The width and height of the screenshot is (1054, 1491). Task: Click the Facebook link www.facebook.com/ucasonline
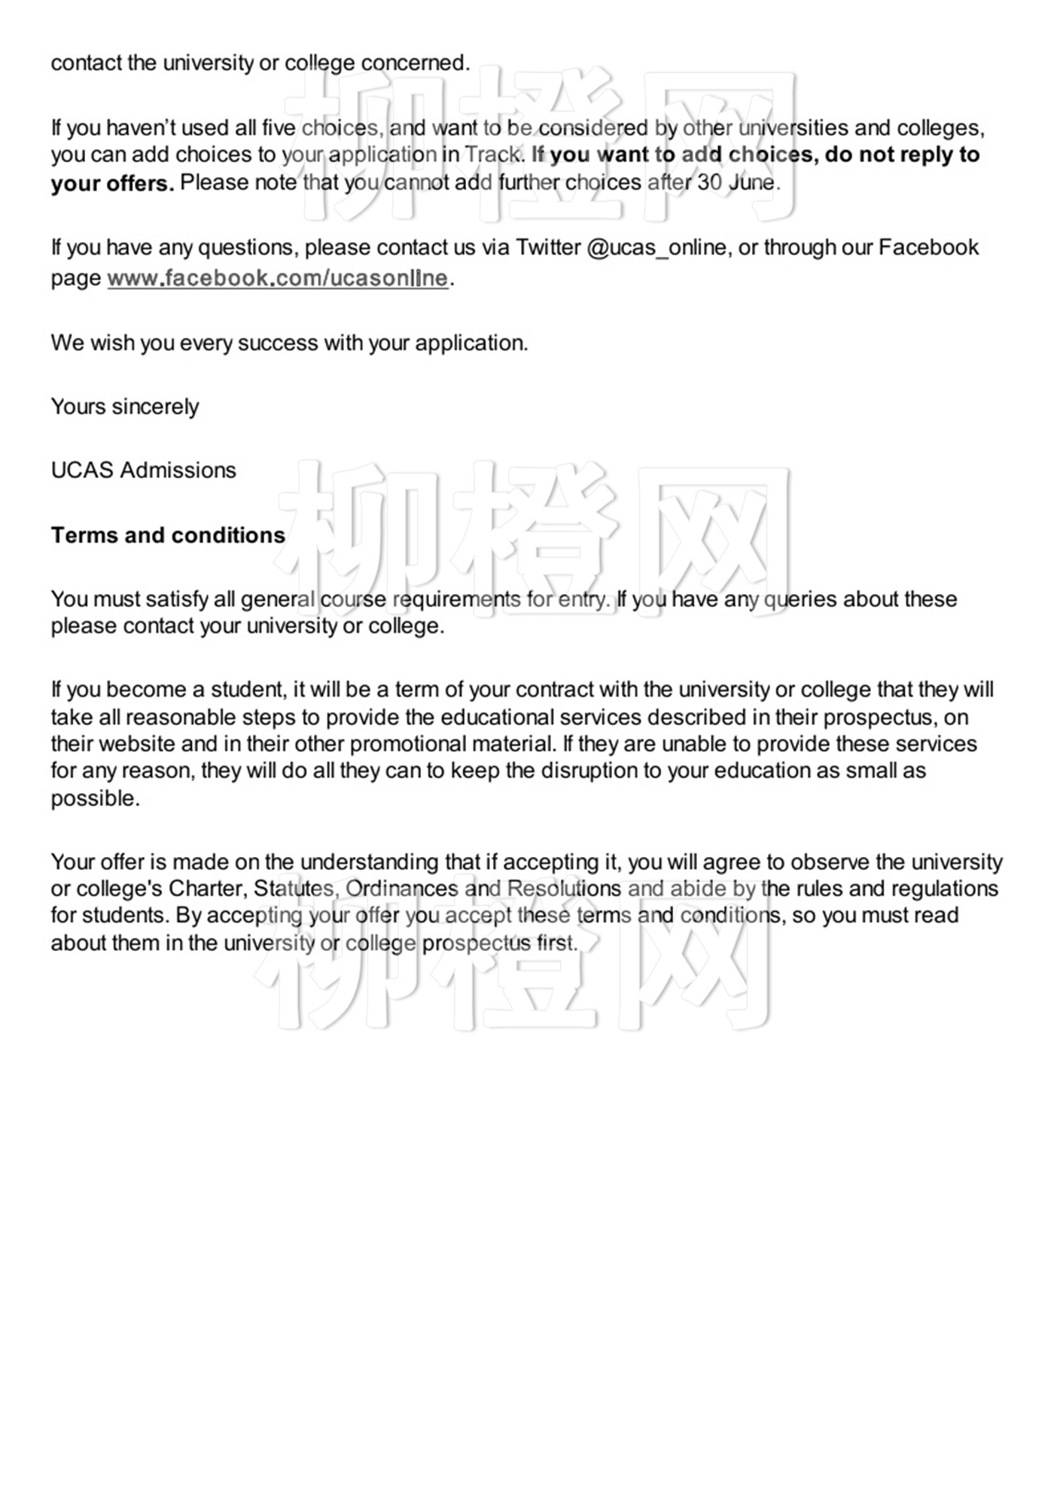(277, 278)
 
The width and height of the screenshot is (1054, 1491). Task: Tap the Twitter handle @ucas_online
(656, 248)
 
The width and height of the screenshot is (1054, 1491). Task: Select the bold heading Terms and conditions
(168, 535)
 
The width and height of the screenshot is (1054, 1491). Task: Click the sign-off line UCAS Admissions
(143, 470)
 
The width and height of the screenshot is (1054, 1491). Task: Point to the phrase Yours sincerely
(125, 407)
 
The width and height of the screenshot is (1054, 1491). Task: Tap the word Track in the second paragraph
(492, 154)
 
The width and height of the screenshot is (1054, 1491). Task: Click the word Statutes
(293, 889)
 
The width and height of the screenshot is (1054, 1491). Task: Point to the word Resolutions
(564, 889)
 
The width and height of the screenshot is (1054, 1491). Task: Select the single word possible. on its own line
(96, 798)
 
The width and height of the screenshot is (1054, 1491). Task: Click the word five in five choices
(279, 127)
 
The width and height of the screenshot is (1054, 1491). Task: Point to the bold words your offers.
(112, 183)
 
